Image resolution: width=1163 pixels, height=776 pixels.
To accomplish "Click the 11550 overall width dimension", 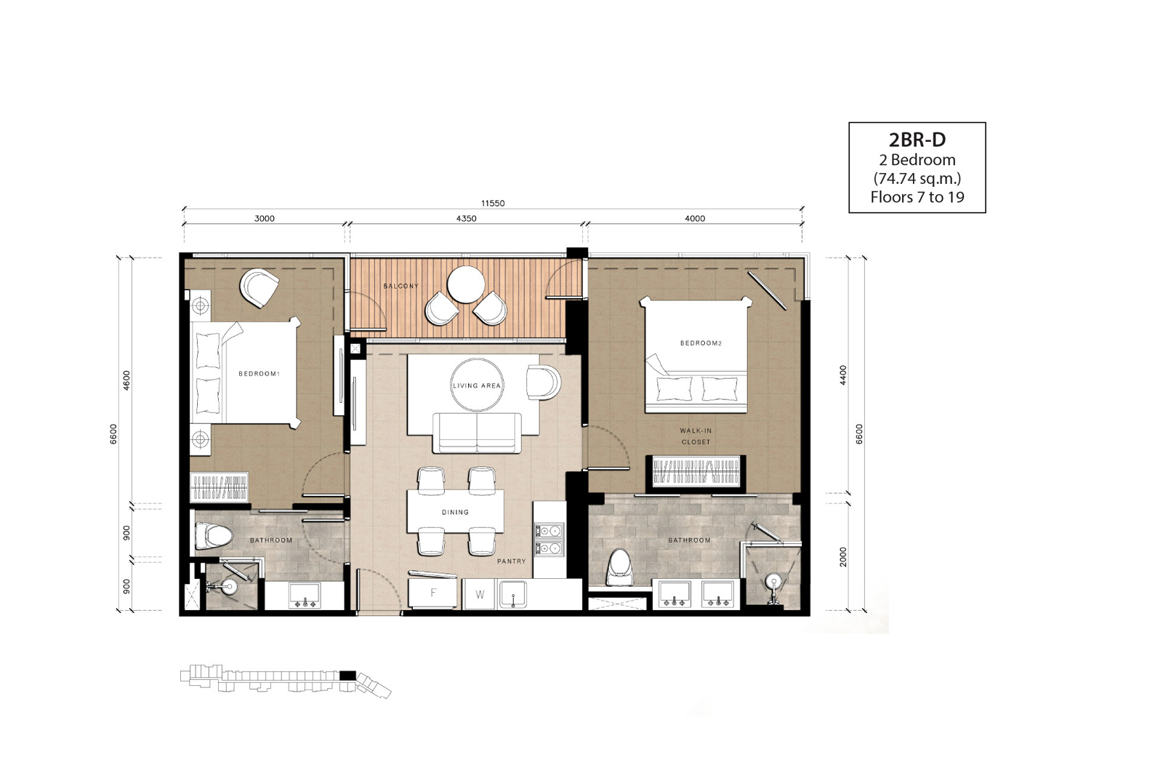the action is click(x=493, y=203).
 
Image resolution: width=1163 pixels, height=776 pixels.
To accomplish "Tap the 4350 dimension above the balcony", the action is click(x=466, y=219).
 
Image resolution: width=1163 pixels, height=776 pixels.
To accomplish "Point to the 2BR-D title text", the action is click(x=917, y=140).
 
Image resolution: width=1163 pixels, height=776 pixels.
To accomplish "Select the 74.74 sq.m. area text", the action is click(x=917, y=178).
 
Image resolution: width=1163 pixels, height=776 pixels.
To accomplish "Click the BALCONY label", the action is click(x=401, y=287).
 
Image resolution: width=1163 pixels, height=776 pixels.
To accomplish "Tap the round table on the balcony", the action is click(x=466, y=284).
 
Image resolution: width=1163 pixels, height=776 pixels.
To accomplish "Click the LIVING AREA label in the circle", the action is click(x=477, y=385).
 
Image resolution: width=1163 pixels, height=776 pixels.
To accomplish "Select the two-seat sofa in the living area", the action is click(x=477, y=433).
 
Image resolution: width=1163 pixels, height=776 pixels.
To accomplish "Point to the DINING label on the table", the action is click(x=455, y=512).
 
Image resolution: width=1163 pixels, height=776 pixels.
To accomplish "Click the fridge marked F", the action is click(x=433, y=593).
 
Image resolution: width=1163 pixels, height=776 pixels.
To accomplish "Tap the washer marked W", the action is click(x=480, y=595).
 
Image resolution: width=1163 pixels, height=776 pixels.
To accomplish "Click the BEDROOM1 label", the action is click(x=259, y=374).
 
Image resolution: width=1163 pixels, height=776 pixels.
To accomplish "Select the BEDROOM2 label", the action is click(x=701, y=343).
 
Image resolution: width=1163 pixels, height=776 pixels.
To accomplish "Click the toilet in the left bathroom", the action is click(x=213, y=535).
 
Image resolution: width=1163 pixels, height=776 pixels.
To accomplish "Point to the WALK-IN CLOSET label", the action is click(x=696, y=436).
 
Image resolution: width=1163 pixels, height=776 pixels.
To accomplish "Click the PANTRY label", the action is click(x=512, y=561).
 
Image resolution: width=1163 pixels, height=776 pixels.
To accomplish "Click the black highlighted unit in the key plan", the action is click(x=347, y=676).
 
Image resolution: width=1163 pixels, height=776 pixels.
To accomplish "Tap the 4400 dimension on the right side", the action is click(x=843, y=375).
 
